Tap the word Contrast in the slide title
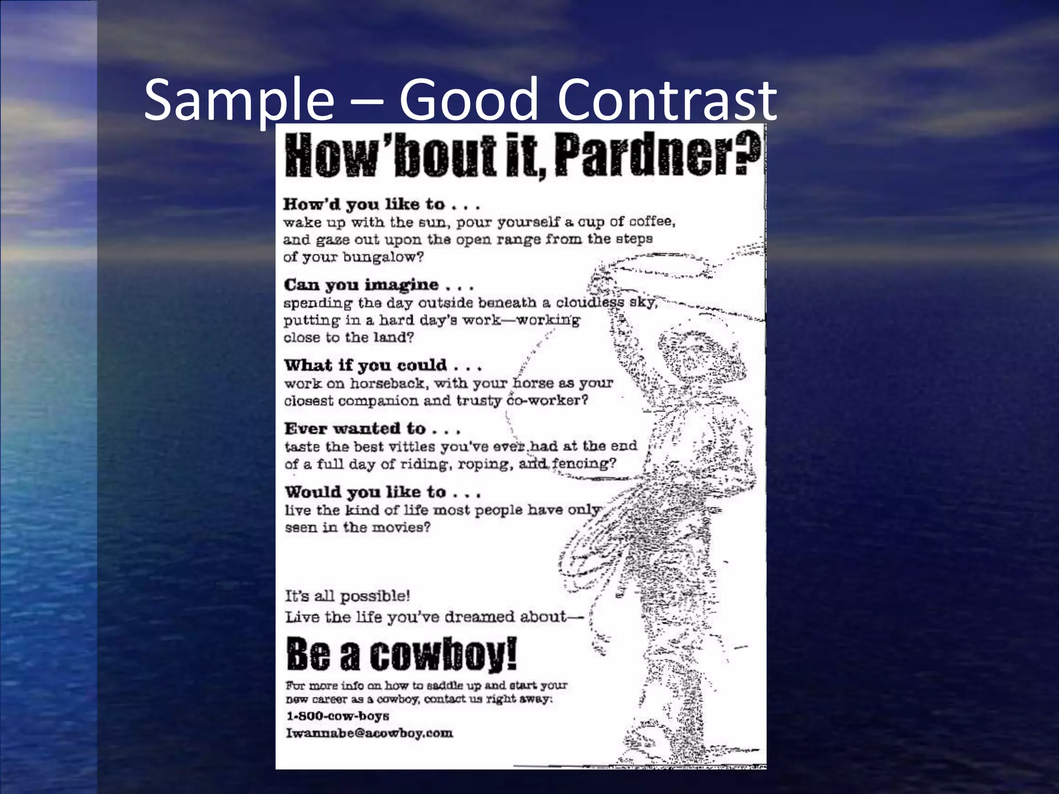667,99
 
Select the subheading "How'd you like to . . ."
382,205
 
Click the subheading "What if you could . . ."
383,365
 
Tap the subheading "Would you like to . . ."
383,492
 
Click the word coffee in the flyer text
652,221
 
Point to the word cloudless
589,302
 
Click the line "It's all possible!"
347,596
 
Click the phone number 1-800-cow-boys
338,716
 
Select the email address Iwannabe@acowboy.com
369,733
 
